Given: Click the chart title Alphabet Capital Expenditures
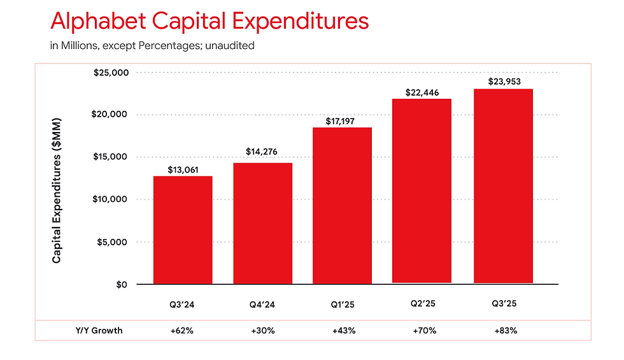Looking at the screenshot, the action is pyautogui.click(x=209, y=21).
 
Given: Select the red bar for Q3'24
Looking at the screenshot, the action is pyautogui.click(x=183, y=230).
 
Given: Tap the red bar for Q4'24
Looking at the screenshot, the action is pyautogui.click(x=262, y=224).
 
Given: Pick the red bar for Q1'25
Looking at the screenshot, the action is pyautogui.click(x=343, y=206).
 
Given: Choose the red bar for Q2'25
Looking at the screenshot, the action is pyautogui.click(x=422, y=191).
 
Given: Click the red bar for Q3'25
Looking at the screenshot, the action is pyautogui.click(x=504, y=186).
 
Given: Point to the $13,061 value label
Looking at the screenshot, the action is pyautogui.click(x=183, y=170).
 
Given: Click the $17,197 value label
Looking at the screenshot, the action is pyautogui.click(x=340, y=122).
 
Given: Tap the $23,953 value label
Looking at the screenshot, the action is pyautogui.click(x=504, y=82).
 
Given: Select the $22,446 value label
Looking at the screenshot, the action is pyautogui.click(x=422, y=93).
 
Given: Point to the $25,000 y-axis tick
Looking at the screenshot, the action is pyautogui.click(x=111, y=73).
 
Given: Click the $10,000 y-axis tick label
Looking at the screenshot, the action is pyautogui.click(x=110, y=199).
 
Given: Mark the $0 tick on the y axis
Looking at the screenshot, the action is pyautogui.click(x=122, y=285).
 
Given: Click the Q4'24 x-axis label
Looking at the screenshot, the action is pyautogui.click(x=262, y=305).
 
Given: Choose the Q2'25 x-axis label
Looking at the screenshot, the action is pyautogui.click(x=423, y=304).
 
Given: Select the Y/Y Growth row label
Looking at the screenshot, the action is pyautogui.click(x=99, y=331).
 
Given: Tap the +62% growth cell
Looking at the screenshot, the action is pyautogui.click(x=182, y=331).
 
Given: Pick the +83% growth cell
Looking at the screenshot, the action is pyautogui.click(x=506, y=331).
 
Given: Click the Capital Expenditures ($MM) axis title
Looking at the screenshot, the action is pyautogui.click(x=57, y=191).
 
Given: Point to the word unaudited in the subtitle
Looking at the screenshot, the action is pyautogui.click(x=230, y=46).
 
